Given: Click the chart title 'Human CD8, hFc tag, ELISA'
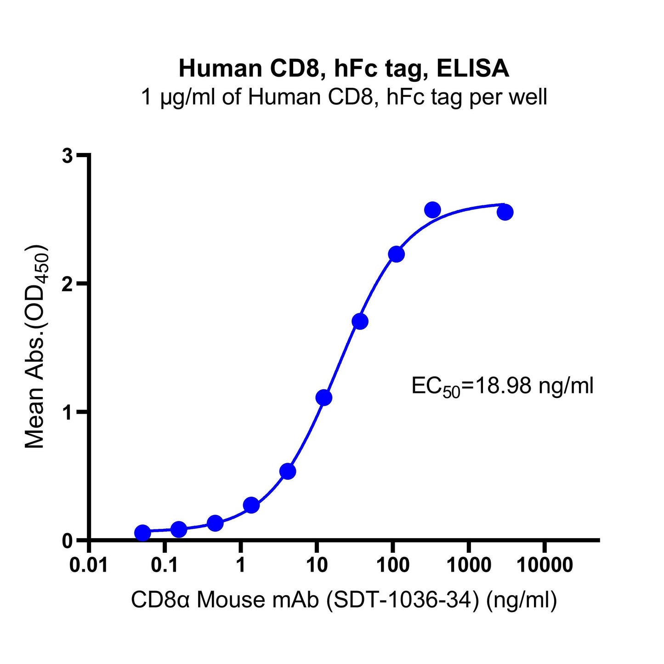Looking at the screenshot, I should (344, 69).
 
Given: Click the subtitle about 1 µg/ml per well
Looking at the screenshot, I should (344, 97).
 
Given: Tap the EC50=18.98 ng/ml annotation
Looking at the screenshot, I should (502, 386).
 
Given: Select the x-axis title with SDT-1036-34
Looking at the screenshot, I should (344, 600).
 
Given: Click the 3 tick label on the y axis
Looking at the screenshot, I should (68, 156).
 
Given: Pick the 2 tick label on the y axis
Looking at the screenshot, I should (68, 284).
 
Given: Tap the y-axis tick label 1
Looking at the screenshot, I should (68, 413).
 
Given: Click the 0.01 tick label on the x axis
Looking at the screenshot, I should (89, 565).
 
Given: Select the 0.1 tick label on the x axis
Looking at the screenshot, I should (165, 565).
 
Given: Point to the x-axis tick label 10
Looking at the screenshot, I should (317, 565).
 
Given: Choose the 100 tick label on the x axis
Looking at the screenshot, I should (393, 565).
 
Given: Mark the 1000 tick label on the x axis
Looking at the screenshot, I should (469, 565).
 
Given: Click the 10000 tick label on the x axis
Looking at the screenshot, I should (545, 565).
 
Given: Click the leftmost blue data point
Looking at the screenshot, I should (142, 533).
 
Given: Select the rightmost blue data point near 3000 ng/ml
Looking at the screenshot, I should (505, 212).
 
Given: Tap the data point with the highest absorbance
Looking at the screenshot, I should (432, 210).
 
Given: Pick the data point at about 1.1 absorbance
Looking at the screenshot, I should (324, 397).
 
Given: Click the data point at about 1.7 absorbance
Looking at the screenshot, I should (360, 321).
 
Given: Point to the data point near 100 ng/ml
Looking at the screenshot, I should (396, 254).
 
